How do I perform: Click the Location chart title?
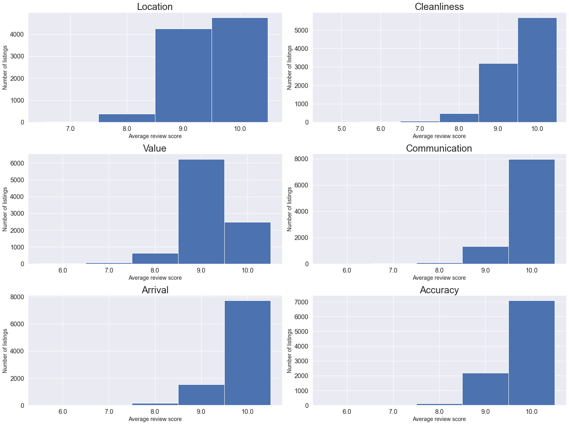(155, 7)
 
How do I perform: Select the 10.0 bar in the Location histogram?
(239, 70)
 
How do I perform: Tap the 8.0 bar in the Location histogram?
(127, 118)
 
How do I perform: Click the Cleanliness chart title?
(439, 7)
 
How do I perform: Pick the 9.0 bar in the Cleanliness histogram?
(498, 93)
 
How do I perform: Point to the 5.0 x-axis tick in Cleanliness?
(341, 129)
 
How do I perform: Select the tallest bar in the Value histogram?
(201, 211)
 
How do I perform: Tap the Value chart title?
(155, 148)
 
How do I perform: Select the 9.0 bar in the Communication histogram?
(485, 255)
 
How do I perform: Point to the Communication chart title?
(439, 148)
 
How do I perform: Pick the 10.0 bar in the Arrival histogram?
(247, 353)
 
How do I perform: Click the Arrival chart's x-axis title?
(155, 419)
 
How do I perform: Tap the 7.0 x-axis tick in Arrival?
(109, 412)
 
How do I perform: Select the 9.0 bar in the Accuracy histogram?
(485, 389)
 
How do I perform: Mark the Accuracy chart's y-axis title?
(290, 351)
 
